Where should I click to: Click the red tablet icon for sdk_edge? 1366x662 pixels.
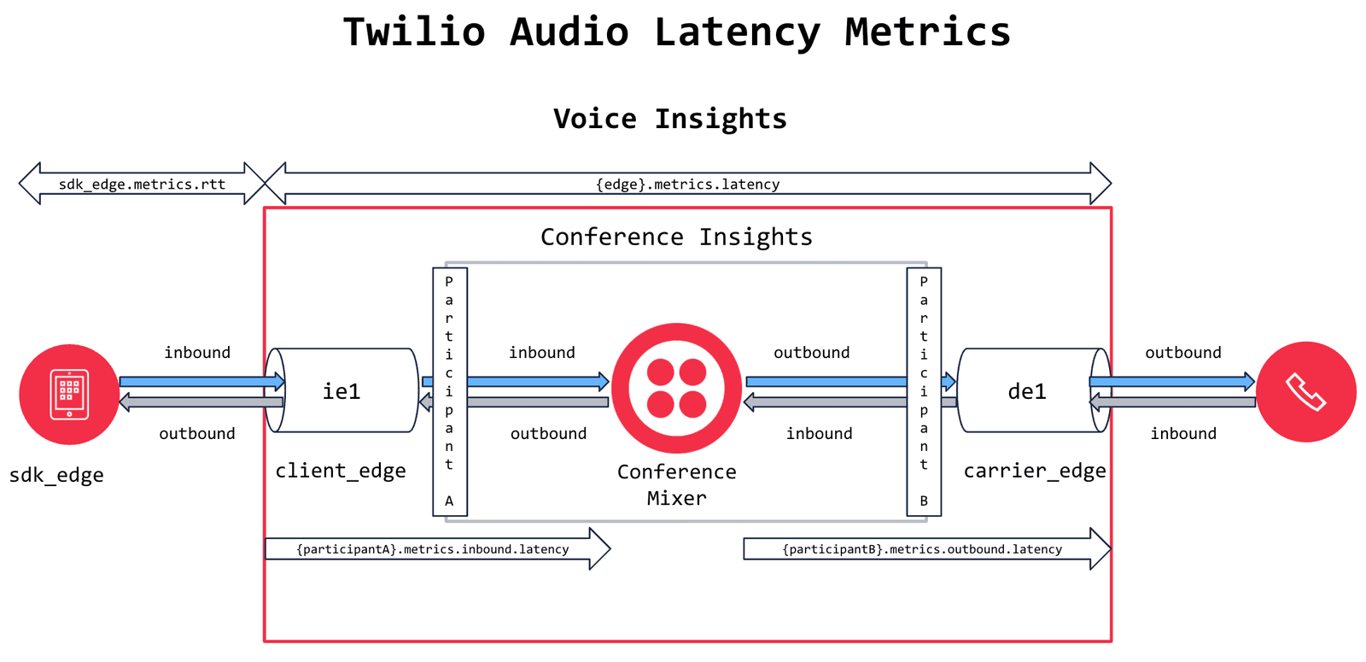(x=69, y=394)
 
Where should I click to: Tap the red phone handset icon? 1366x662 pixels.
(x=1305, y=392)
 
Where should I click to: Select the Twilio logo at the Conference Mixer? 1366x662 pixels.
(x=676, y=388)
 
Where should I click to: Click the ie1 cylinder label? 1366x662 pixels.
(x=341, y=391)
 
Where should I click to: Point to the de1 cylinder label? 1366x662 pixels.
(x=1027, y=391)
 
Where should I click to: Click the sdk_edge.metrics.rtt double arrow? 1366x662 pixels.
(x=142, y=184)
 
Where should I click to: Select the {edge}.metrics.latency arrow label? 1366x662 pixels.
(x=687, y=184)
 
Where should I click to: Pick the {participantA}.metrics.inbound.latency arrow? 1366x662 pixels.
(x=432, y=549)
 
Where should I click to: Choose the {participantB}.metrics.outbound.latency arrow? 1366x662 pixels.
(x=922, y=549)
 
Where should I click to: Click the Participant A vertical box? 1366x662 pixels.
(x=449, y=391)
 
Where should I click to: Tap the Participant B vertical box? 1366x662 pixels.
(x=923, y=391)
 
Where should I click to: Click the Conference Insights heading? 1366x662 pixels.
(x=676, y=237)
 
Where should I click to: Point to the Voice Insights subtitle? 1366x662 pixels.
(x=670, y=118)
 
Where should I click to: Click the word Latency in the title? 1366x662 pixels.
(x=737, y=32)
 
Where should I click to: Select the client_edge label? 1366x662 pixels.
(x=340, y=471)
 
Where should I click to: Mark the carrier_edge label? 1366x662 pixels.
(x=1034, y=471)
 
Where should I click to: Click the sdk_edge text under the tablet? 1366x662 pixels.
(x=56, y=475)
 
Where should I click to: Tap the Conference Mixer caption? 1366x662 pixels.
(x=676, y=484)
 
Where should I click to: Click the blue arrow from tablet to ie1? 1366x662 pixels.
(x=201, y=381)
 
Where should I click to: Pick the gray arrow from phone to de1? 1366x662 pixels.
(x=1174, y=401)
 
